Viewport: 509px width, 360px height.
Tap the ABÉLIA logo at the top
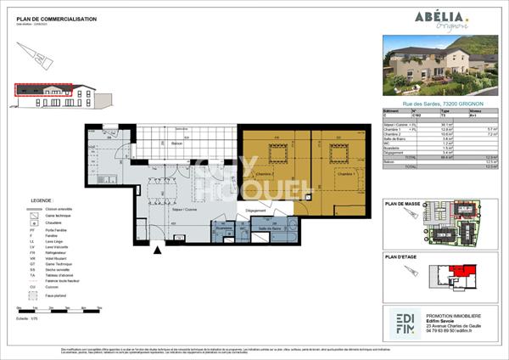(438, 19)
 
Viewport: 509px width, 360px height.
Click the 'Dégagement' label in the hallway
(257, 209)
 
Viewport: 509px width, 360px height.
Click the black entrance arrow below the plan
(156, 250)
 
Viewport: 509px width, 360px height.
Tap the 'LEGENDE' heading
(31, 201)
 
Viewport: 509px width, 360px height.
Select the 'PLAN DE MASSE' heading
(404, 204)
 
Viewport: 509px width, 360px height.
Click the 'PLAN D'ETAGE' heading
(403, 256)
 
